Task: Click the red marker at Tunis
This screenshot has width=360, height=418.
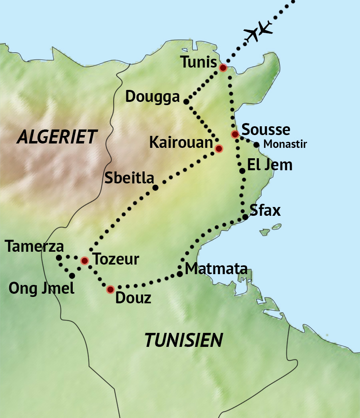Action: (x=223, y=68)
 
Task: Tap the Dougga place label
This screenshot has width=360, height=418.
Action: (x=152, y=97)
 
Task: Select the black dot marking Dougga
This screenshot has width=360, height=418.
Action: (x=186, y=102)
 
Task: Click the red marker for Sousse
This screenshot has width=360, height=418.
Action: (x=235, y=134)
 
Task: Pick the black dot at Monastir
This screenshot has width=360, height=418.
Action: (x=256, y=145)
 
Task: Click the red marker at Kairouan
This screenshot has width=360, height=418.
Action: (x=219, y=149)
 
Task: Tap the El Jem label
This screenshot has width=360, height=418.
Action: (x=270, y=165)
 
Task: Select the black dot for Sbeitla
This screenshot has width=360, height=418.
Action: (x=155, y=187)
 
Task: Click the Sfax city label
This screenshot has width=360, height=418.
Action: (x=265, y=211)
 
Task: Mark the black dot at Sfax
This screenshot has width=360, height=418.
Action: (x=245, y=217)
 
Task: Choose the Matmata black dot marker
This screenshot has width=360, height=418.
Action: (x=180, y=274)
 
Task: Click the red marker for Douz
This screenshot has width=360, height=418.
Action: (x=110, y=289)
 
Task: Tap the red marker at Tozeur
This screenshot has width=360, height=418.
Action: (x=85, y=261)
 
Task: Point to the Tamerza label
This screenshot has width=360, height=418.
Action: (x=35, y=247)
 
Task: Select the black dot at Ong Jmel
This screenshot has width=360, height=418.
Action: (x=72, y=276)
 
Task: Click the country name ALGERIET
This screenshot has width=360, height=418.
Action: (x=56, y=137)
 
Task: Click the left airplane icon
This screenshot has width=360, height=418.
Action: (x=253, y=35)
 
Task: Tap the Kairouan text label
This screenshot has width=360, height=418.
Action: (x=181, y=142)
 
